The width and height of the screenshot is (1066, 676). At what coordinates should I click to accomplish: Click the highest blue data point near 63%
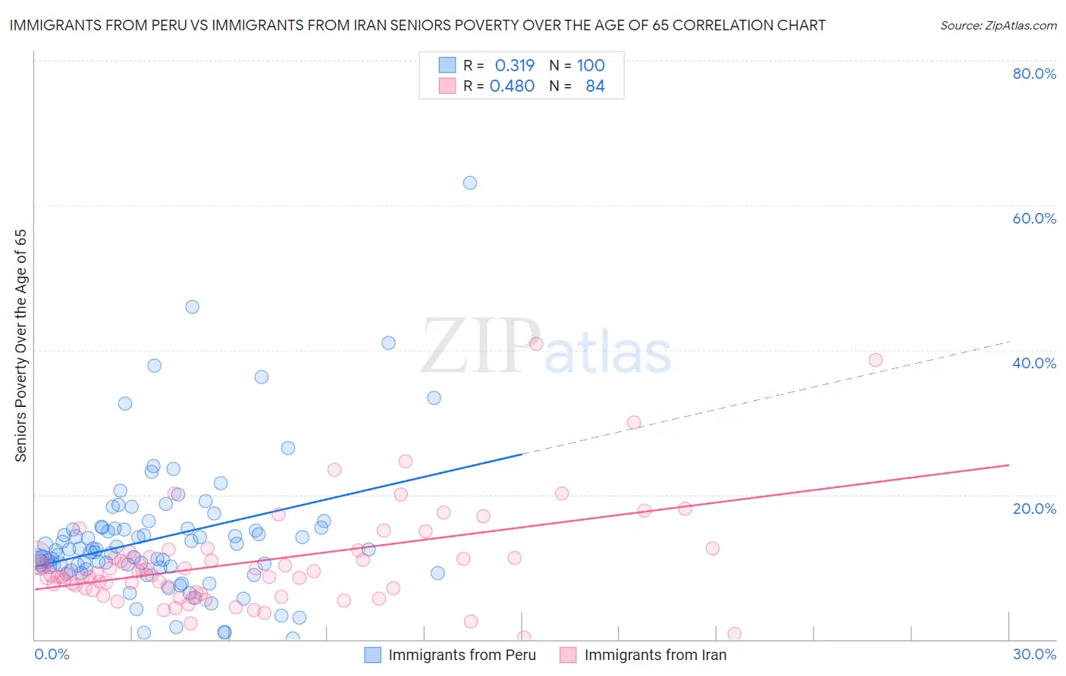point(470,183)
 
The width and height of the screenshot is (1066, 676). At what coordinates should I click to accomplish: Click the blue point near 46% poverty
point(193,307)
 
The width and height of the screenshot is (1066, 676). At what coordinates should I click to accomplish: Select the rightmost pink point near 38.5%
point(876,360)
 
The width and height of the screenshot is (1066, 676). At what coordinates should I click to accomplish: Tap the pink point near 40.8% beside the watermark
point(536,344)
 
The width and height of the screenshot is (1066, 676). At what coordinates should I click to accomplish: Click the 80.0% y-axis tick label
point(1034,74)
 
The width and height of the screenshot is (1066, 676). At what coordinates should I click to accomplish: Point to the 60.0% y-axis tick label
point(1034,218)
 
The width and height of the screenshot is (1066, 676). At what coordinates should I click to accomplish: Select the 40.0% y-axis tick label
point(1034,363)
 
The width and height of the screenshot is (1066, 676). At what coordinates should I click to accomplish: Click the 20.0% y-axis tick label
point(1034,509)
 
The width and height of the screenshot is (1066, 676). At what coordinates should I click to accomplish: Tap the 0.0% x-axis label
point(52,654)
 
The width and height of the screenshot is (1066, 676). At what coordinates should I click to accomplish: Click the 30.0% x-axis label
point(1034,654)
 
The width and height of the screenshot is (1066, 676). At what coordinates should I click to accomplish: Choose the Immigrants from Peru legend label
point(462,655)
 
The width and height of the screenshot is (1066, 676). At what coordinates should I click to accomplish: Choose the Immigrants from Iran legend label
point(655,655)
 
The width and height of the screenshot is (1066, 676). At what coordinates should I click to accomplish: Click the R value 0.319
point(515,66)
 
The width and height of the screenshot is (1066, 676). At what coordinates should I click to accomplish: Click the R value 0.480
point(513,86)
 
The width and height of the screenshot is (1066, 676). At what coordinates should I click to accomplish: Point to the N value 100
point(591,66)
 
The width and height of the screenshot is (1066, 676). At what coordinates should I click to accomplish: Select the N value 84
point(595,86)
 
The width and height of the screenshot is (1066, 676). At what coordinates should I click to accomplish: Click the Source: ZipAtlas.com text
point(999,26)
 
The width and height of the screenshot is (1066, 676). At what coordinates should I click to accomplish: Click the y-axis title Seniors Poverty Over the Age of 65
point(21,346)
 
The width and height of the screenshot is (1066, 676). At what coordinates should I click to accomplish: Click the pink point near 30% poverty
point(634,423)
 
